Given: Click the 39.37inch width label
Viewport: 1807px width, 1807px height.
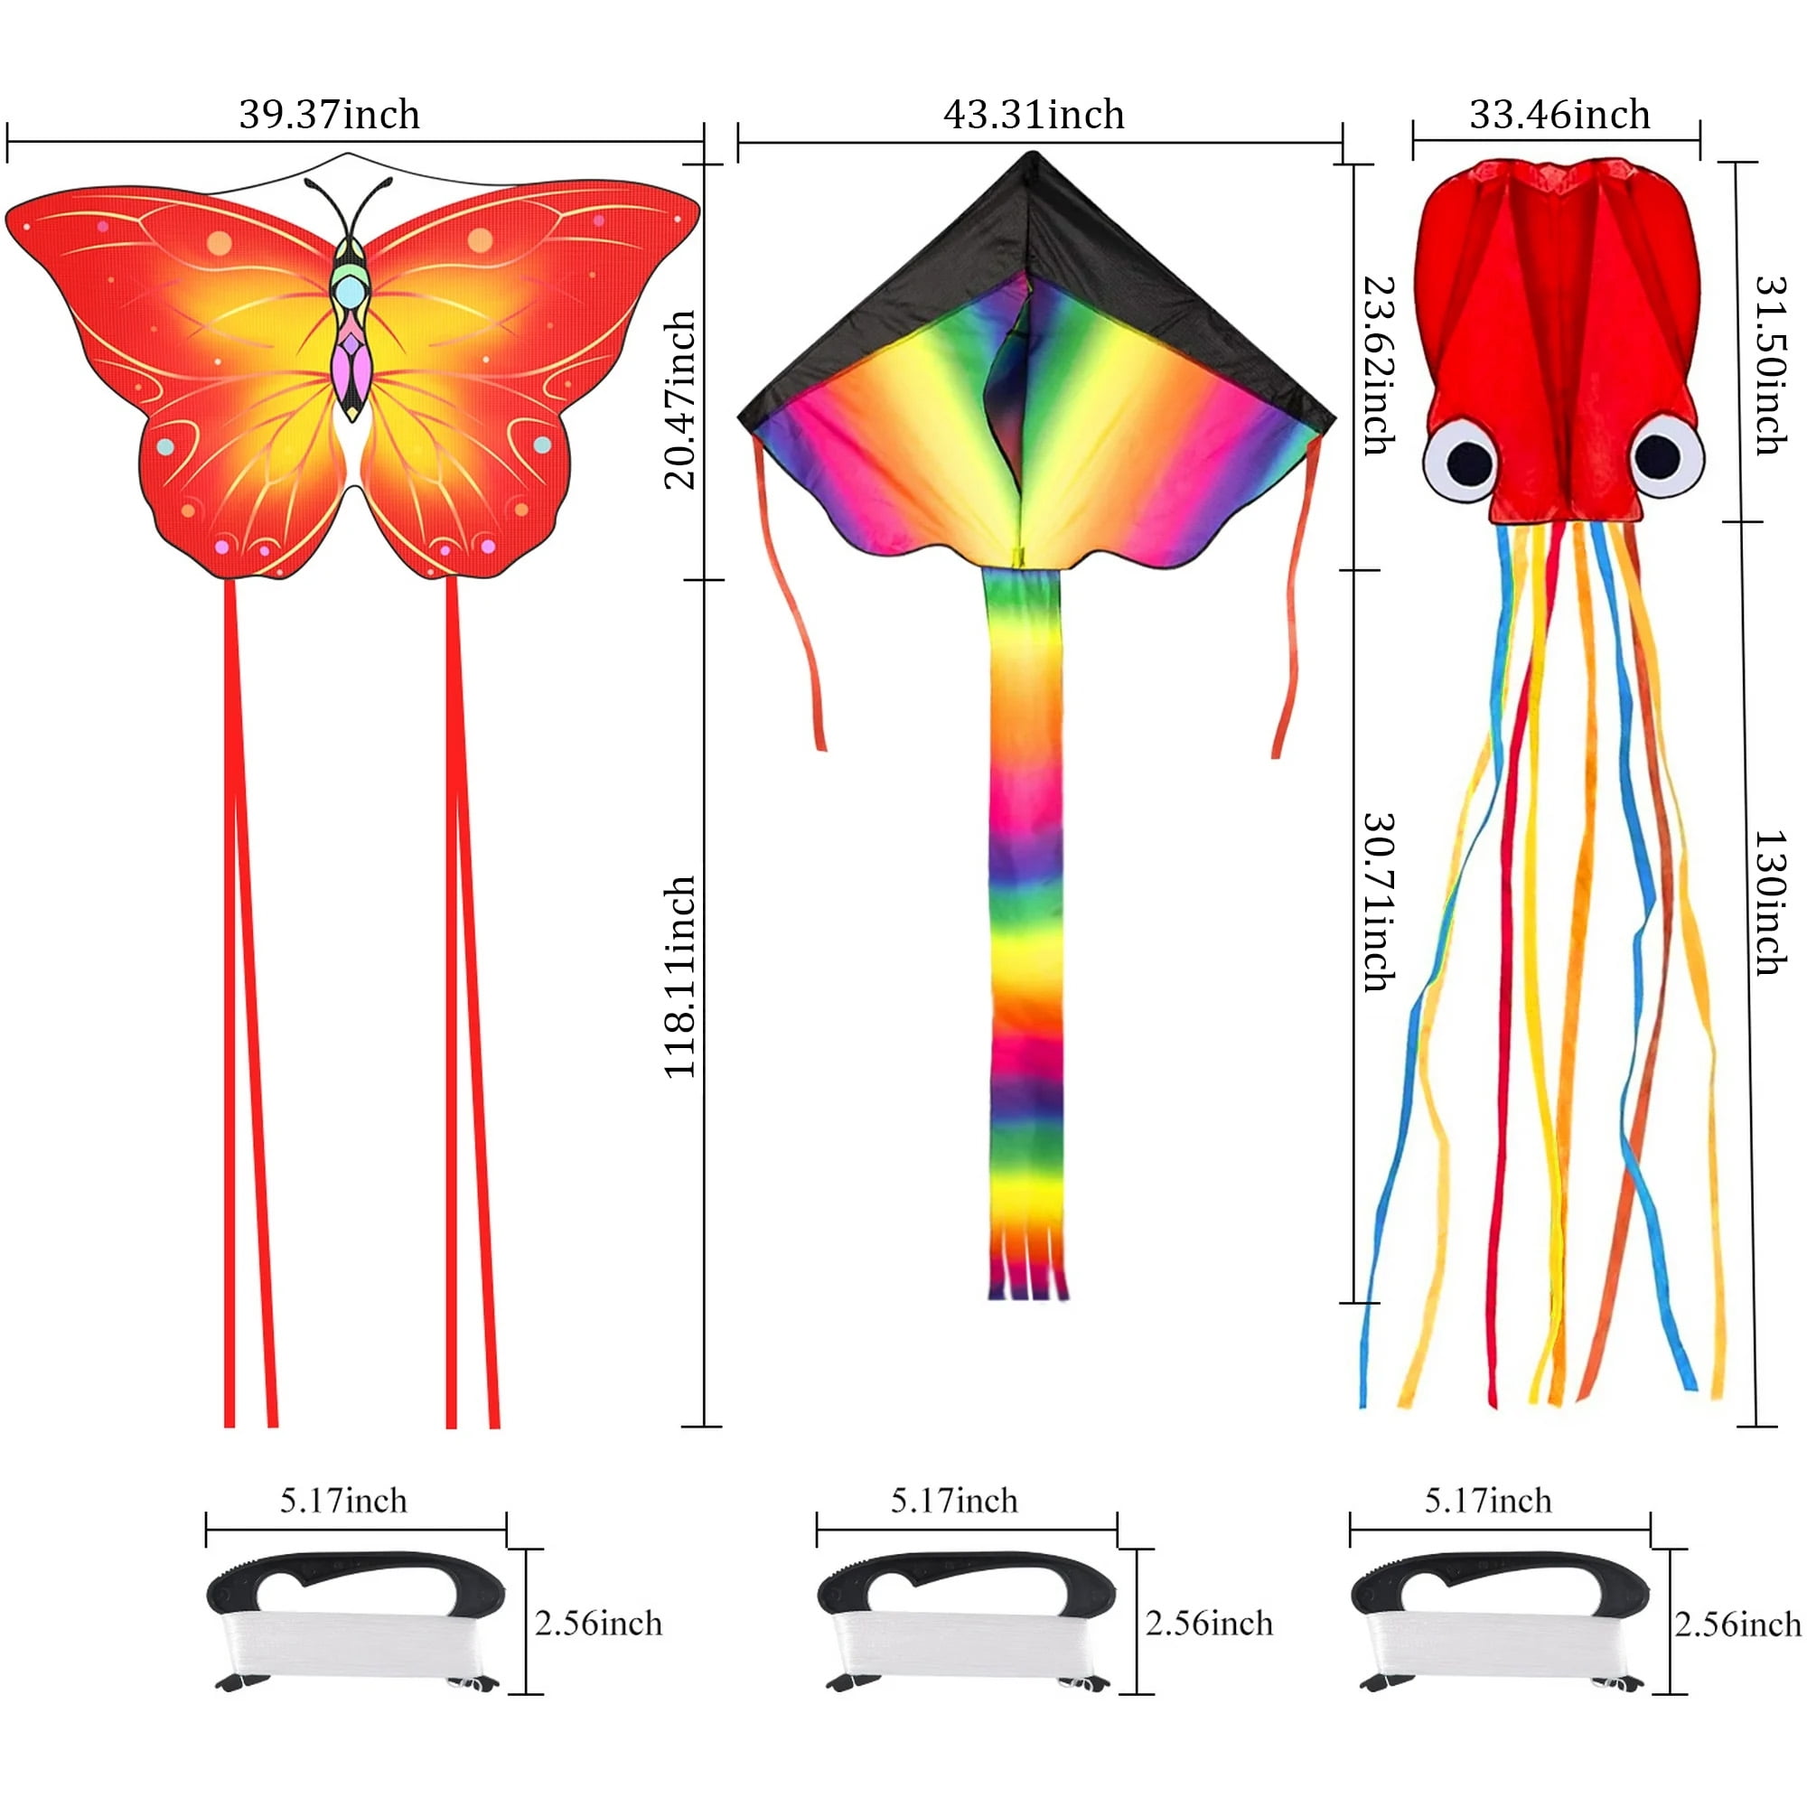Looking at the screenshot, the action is point(329,114).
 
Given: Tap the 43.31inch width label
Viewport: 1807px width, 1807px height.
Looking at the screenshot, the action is point(1034,114).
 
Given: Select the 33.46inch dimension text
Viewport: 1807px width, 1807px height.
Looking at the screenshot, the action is point(1560,114).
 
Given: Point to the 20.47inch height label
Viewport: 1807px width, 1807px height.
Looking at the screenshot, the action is point(680,399).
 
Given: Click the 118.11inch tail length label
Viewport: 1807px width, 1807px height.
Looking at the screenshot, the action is point(680,977).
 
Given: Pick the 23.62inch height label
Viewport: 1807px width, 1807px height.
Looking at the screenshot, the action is point(1380,365).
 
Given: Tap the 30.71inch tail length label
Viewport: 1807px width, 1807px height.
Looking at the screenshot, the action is point(1380,902).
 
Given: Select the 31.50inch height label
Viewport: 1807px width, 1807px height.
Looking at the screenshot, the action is point(1770,365).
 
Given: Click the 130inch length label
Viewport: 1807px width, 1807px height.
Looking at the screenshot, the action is point(1770,903).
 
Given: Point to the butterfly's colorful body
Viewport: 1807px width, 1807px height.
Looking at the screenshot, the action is point(351,327).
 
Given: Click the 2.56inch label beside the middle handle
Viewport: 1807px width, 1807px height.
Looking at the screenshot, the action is point(1210,1624).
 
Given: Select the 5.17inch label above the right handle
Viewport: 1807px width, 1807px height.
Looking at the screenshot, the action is point(1488,1501).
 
